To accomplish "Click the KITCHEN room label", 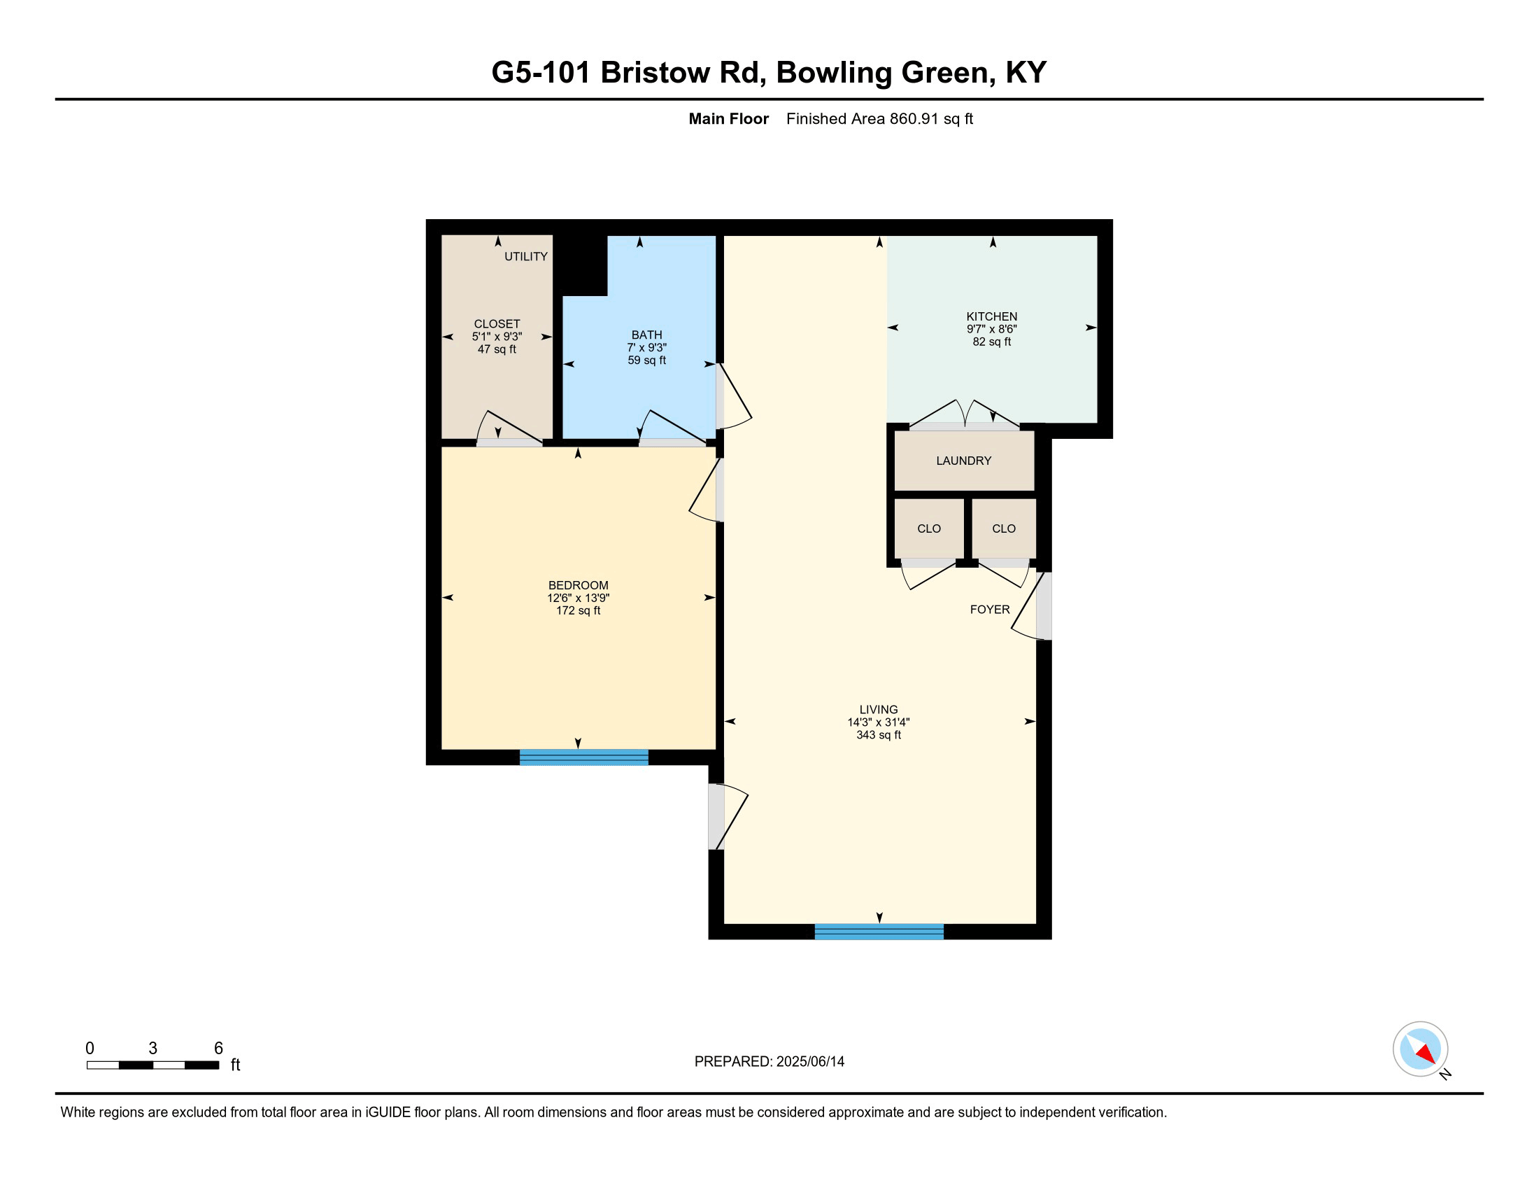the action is [x=991, y=316].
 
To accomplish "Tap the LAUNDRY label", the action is [x=963, y=461].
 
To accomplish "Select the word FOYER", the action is [x=989, y=609].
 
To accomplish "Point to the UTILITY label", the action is [x=525, y=256].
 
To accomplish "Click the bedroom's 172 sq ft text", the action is [x=578, y=610].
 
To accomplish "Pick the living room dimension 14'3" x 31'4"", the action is [x=878, y=722].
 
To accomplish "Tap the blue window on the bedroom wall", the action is [x=583, y=757].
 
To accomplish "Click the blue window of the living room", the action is [x=879, y=931].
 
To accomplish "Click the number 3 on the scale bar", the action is [x=153, y=1048].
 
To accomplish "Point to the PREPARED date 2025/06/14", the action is [x=809, y=1061].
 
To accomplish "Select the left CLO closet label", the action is [x=929, y=528].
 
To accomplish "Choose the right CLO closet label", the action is [x=1003, y=528].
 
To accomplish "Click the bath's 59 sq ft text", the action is [x=646, y=360].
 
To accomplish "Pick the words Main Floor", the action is [x=729, y=118].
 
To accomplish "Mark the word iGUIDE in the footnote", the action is [x=388, y=1112].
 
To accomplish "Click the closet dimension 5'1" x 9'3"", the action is [x=497, y=336].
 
